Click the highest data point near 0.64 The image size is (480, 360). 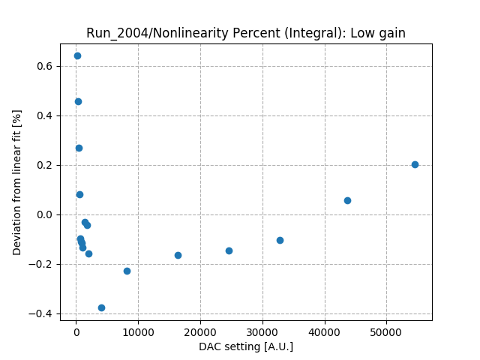point(77,55)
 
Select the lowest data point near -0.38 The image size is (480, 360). point(101,307)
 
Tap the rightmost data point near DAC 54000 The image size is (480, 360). point(415,164)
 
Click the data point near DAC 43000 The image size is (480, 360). point(347,200)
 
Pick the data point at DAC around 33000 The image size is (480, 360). point(280,240)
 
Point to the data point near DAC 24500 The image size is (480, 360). point(229,250)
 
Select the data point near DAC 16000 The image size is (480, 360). point(178,255)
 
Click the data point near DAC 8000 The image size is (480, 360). point(127,271)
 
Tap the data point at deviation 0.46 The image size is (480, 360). point(78,101)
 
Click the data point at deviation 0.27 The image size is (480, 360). point(79,148)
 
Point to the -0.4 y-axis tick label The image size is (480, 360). point(43,313)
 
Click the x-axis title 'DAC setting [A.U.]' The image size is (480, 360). point(246,346)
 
